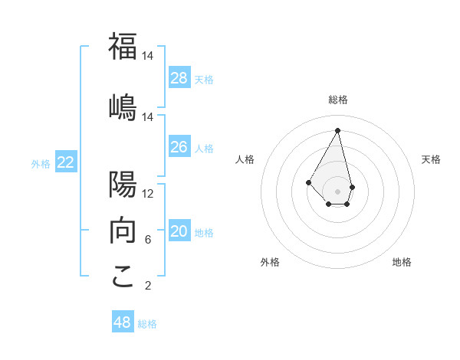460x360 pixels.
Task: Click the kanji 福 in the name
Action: [x=123, y=46]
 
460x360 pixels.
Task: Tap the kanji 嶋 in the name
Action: [x=123, y=106]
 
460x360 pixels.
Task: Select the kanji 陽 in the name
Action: [x=123, y=184]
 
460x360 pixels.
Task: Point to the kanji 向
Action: [x=123, y=229]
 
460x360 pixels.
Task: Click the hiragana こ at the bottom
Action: [x=123, y=276]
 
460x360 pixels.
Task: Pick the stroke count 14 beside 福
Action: [x=147, y=56]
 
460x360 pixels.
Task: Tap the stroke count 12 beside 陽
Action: [x=147, y=194]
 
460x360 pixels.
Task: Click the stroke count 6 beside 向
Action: [x=147, y=240]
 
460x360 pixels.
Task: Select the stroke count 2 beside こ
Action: [x=147, y=286]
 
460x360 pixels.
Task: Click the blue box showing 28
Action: [x=179, y=78]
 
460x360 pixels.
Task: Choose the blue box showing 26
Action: [x=179, y=147]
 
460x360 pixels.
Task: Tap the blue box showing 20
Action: [x=179, y=231]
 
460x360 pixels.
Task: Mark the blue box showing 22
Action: [x=66, y=162]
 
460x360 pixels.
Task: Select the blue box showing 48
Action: [x=123, y=322]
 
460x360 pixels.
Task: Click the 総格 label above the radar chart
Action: [x=338, y=100]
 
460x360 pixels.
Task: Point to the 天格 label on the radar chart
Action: [x=432, y=159]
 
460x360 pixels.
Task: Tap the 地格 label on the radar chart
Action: [x=402, y=262]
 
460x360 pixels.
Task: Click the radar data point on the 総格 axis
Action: [x=338, y=130]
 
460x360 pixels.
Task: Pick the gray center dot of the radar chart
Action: [x=338, y=191]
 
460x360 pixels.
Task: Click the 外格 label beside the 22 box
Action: [x=41, y=163]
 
